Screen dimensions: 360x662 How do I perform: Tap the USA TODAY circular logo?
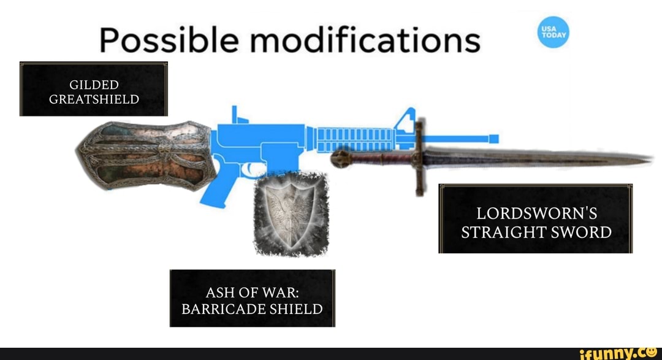(553, 33)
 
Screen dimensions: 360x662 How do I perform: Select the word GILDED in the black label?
(94, 85)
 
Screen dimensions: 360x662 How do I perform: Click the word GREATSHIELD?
(94, 99)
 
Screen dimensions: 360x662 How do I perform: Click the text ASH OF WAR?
(252, 291)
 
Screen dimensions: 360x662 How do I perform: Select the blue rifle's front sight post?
(408, 119)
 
